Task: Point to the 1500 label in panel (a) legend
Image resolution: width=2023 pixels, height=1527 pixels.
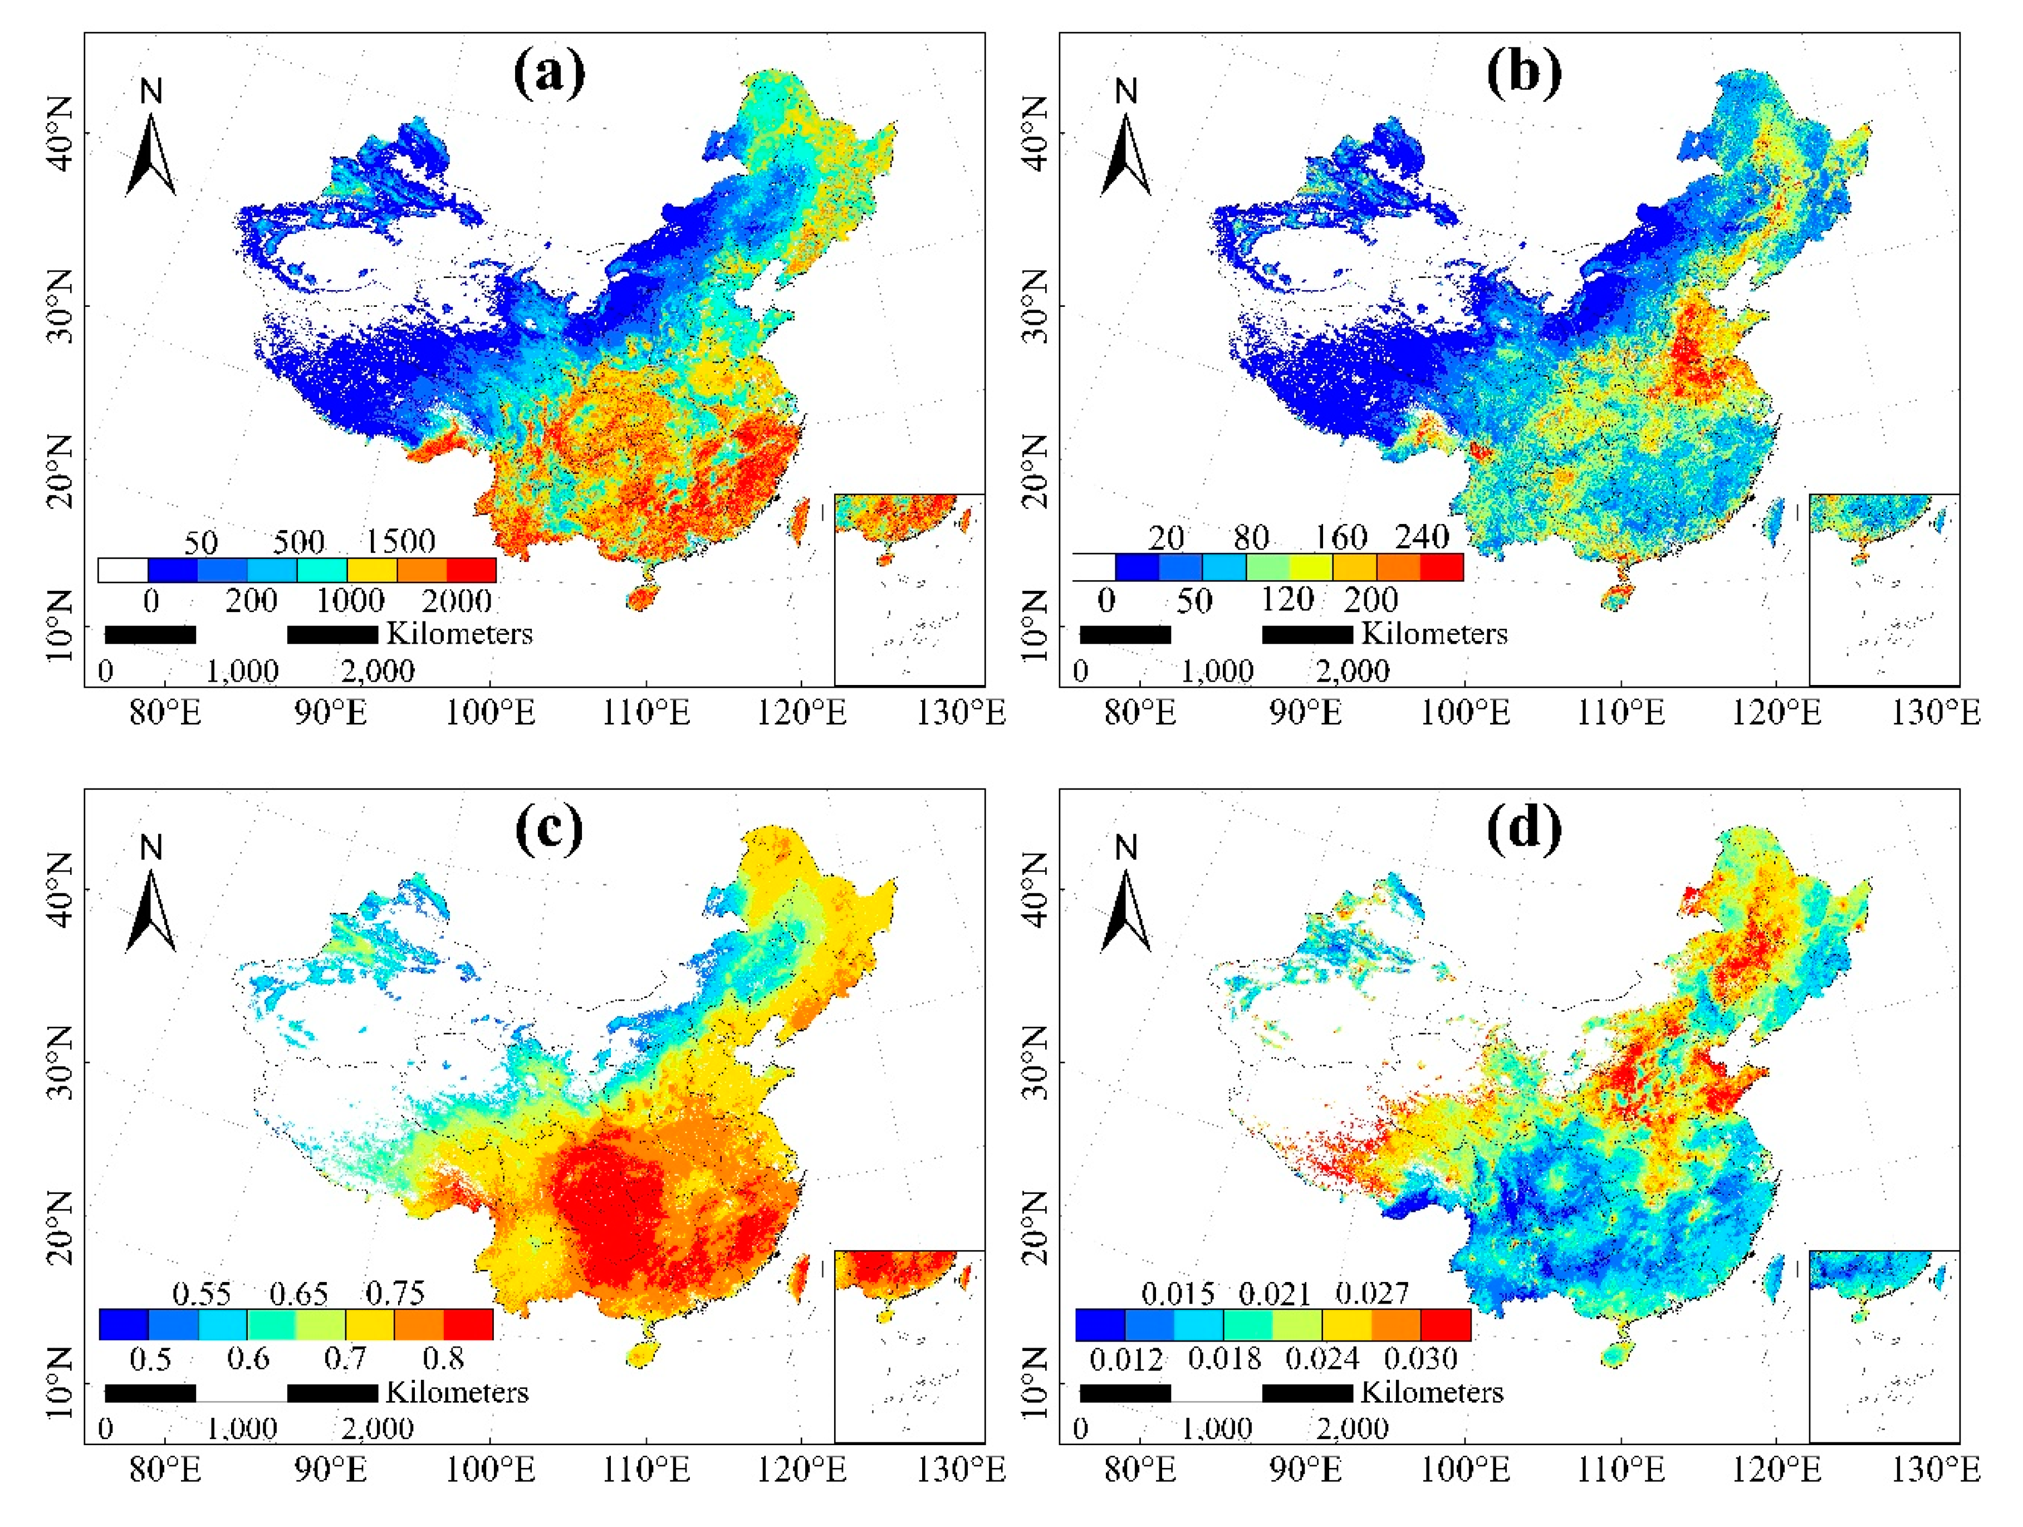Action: click(x=400, y=541)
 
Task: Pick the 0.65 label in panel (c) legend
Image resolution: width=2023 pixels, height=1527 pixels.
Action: click(x=298, y=1294)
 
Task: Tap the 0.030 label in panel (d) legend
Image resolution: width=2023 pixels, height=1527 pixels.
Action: click(x=1420, y=1359)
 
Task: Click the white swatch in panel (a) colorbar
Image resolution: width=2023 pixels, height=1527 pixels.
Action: click(x=123, y=571)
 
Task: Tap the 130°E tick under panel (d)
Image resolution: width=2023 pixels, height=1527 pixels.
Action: click(x=1935, y=1470)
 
